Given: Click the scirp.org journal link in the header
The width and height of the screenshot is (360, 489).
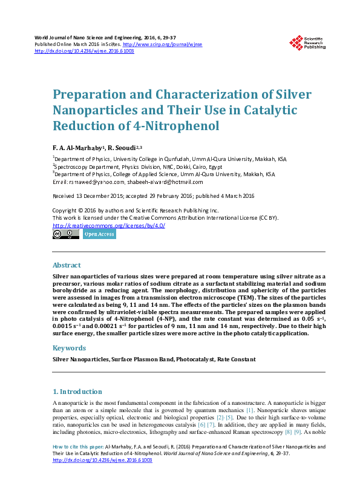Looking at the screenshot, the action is click(162, 45).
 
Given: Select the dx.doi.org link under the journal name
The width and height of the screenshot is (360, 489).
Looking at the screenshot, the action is click(93, 51).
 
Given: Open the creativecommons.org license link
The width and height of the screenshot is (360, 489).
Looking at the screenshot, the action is click(109, 225).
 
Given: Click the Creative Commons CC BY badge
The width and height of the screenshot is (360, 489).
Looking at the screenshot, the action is click(66, 234).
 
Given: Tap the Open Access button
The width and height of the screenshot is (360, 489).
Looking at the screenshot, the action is click(99, 234).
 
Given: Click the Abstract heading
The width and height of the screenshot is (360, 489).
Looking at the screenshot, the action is click(67, 265).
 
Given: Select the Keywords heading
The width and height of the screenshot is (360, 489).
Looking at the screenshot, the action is click(69, 348).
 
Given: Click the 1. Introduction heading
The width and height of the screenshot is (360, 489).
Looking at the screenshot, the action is click(77, 392).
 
